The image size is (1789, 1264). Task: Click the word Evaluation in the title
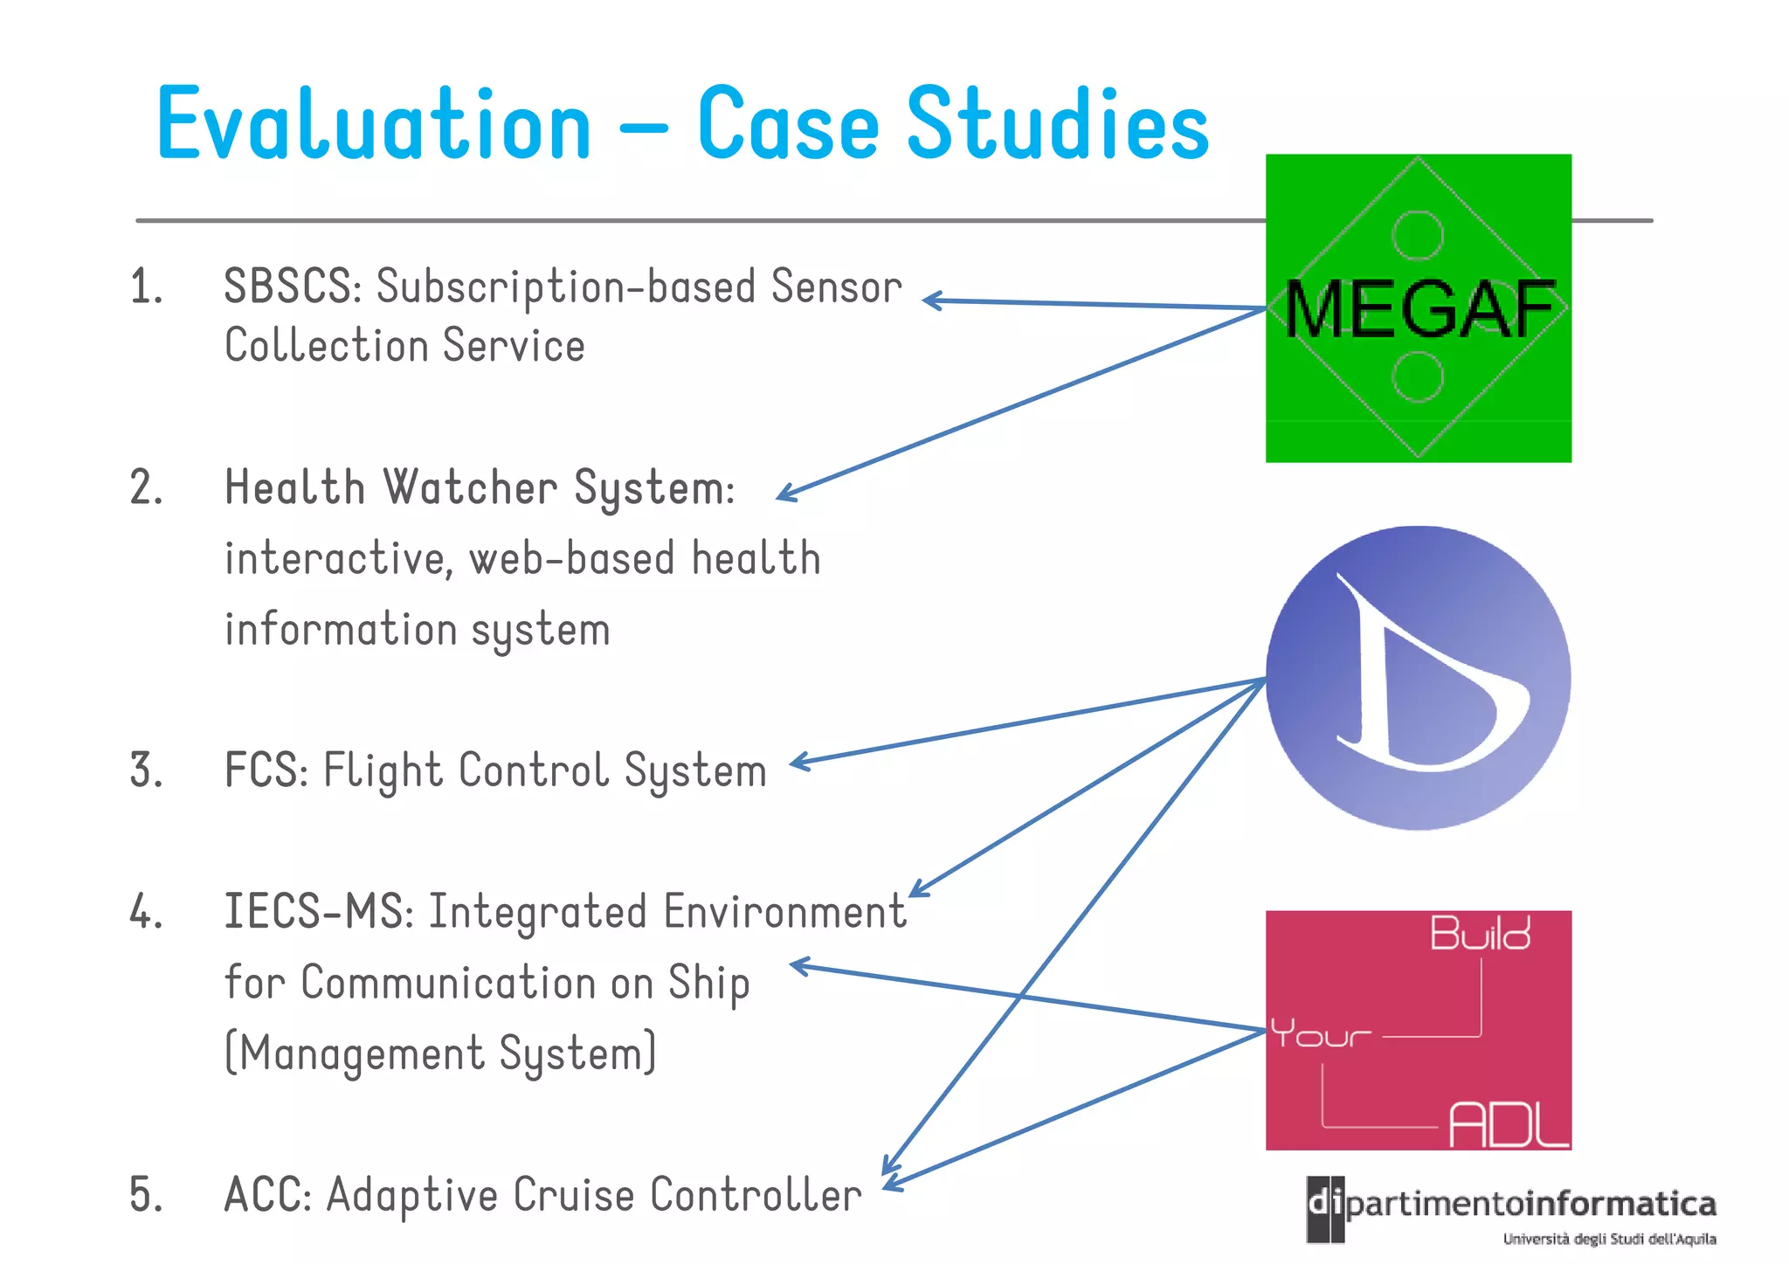click(x=374, y=125)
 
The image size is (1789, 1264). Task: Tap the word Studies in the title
click(x=1059, y=125)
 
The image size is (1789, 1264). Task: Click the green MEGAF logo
click(x=1418, y=307)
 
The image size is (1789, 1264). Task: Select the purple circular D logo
click(x=1418, y=677)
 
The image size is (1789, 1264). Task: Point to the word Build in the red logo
click(x=1480, y=934)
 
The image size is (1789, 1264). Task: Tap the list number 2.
click(x=146, y=487)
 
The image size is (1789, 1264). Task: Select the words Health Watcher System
click(x=479, y=487)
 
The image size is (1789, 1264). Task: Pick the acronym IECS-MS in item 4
click(x=318, y=912)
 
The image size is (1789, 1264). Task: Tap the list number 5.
click(x=146, y=1194)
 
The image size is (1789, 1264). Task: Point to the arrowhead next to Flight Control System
click(x=797, y=763)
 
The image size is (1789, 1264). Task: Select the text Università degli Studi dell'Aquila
click(x=1609, y=1239)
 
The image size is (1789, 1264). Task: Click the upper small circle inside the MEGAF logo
click(x=1417, y=235)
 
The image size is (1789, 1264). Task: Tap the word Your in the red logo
click(x=1320, y=1034)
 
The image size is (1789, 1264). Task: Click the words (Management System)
click(x=440, y=1053)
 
